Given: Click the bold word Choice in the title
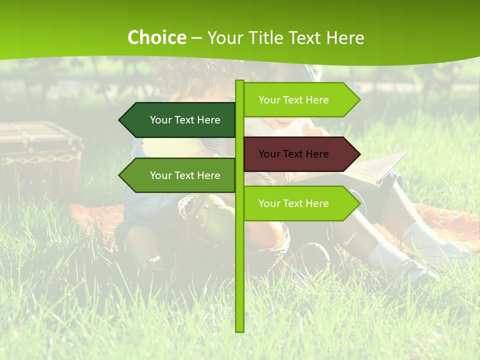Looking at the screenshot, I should (156, 38).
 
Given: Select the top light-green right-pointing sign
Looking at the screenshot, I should (300, 100).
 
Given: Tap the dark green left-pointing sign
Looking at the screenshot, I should (180, 120).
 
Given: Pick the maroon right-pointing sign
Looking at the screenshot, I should (300, 154).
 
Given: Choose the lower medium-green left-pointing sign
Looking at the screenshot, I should (180, 175).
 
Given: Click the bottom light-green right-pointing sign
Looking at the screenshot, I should (300, 203).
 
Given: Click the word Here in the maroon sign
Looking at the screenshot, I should (316, 154).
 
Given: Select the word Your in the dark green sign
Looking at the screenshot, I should (160, 120).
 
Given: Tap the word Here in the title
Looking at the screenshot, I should (345, 38).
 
